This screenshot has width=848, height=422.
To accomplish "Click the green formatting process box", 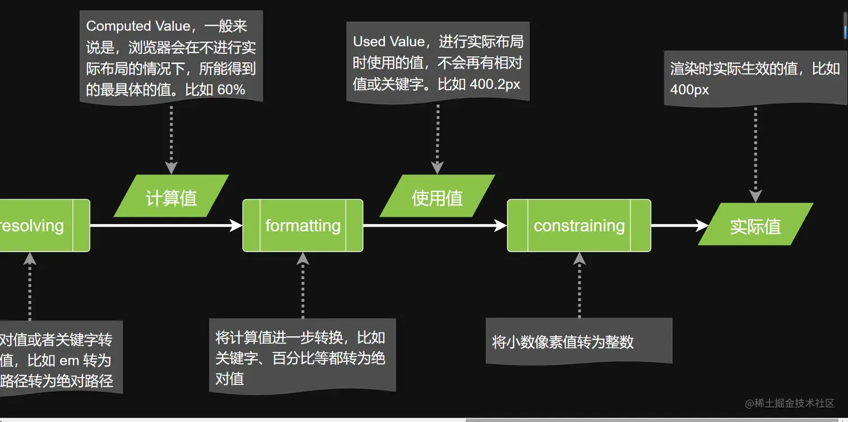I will click(x=303, y=225).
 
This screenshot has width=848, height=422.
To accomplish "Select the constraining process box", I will click(x=579, y=225).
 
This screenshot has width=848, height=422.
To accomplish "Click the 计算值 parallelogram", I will click(x=171, y=197).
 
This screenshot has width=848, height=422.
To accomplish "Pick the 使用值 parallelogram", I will click(x=437, y=197).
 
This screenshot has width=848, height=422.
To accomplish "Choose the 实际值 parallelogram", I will click(x=755, y=225).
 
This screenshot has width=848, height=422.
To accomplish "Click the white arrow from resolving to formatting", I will click(x=166, y=225).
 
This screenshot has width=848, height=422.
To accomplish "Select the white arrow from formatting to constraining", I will click(x=435, y=225).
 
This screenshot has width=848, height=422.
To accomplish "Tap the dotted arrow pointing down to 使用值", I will click(x=437, y=137).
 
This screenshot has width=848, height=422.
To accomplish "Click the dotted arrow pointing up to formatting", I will click(x=303, y=286).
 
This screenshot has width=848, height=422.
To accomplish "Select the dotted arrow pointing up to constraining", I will click(x=579, y=286).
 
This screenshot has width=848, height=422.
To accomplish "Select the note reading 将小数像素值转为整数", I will click(x=563, y=342).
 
